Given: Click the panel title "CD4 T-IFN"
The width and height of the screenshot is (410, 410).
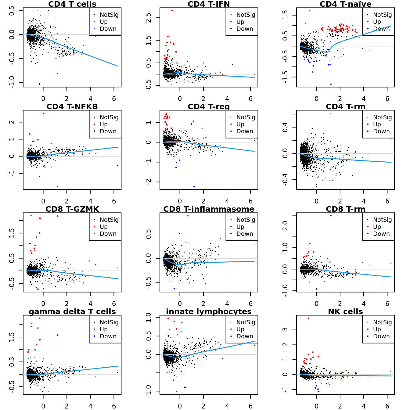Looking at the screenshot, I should point(209,4).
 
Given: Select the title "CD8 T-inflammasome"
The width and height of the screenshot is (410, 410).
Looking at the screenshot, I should point(209,209).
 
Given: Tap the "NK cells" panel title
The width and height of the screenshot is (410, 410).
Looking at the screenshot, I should point(345,312).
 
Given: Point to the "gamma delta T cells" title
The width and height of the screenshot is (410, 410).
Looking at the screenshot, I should point(72,312).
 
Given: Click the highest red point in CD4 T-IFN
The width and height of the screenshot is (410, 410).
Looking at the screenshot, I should point(172,11).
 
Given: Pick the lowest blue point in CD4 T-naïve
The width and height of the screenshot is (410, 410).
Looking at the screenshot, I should point(331,84).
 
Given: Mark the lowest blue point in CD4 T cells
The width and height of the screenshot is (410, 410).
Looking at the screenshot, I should point(39,84).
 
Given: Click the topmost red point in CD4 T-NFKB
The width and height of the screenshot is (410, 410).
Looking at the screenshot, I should point(43,113).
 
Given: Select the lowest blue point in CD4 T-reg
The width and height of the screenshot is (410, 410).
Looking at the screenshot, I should point(194,186).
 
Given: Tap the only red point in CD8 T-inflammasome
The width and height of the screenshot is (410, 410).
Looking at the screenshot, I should point(188,216).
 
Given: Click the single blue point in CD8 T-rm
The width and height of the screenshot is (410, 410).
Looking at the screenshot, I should point(317,289).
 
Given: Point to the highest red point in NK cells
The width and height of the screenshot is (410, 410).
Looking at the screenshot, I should point(308,318).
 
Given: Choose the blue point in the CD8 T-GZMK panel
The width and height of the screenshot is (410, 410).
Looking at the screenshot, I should point(38,289).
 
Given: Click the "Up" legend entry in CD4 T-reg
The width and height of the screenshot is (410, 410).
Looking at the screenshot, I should point(240,124).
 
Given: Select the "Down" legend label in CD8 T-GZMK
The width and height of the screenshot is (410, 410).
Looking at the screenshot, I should point(108,234).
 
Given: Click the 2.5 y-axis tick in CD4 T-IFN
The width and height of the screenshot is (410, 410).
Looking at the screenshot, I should point(148,18).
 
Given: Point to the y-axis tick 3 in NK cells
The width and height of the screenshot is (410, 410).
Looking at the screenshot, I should point(285,329).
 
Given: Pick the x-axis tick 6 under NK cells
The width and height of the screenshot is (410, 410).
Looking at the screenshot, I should point(387,406).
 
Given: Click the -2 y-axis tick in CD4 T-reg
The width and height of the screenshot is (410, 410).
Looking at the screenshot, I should point(148,182).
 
